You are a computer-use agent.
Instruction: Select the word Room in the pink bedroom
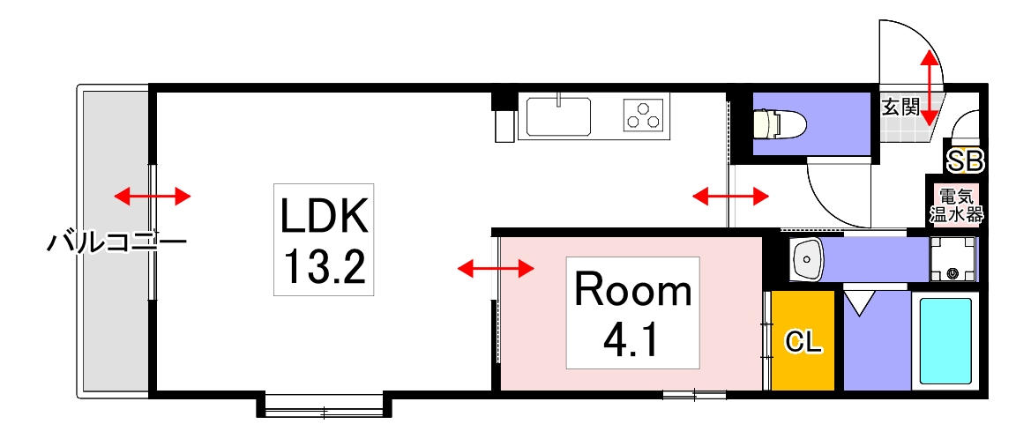[632, 290]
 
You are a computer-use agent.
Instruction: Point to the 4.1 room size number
[632, 339]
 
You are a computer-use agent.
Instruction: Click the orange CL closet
[803, 341]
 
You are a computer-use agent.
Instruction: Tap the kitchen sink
[559, 116]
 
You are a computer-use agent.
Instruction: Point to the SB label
[965, 160]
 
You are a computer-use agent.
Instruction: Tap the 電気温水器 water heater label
[956, 205]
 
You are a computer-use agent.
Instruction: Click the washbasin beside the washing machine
[807, 259]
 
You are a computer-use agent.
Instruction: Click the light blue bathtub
[946, 340]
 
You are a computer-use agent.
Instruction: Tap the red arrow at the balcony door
[152, 196]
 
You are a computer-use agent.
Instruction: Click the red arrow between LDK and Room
[497, 267]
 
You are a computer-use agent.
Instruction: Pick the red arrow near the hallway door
[730, 196]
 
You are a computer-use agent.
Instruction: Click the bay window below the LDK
[324, 408]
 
